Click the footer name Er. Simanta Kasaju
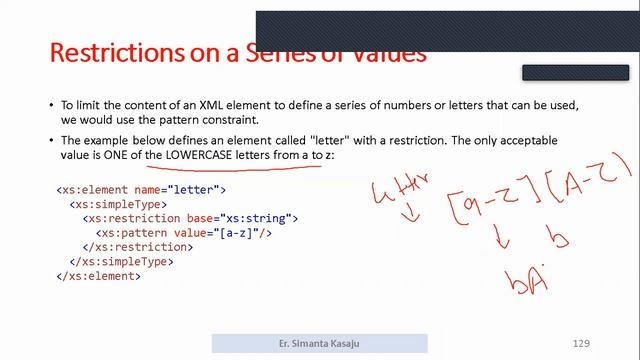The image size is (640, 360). [x=319, y=343]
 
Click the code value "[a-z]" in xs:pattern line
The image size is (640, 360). [x=235, y=232]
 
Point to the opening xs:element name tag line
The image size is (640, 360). [x=141, y=189]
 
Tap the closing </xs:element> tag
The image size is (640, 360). [x=99, y=276]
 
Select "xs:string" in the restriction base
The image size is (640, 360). [x=264, y=218]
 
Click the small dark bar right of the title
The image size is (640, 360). [x=574, y=72]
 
